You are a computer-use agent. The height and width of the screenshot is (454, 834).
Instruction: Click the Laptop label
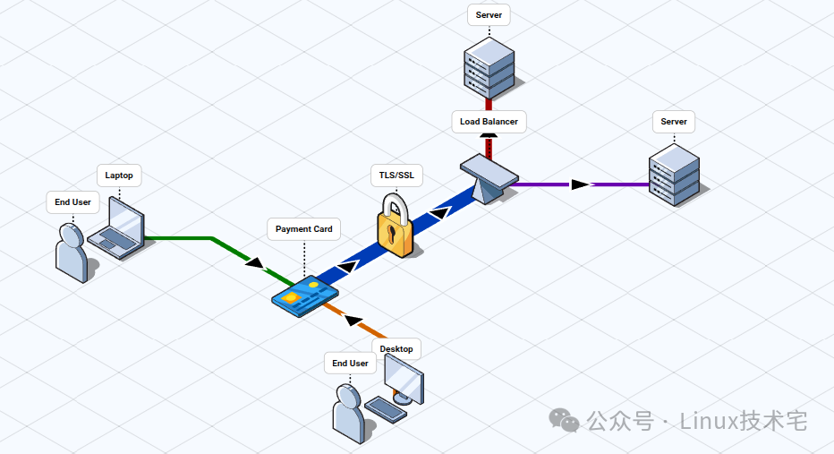click(x=119, y=176)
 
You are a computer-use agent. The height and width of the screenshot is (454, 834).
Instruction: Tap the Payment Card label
click(x=303, y=229)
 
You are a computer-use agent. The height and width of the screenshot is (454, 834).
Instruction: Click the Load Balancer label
click(x=489, y=122)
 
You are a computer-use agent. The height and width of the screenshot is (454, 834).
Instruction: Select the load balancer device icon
click(x=488, y=178)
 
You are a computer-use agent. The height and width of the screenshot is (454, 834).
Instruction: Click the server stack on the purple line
click(x=674, y=174)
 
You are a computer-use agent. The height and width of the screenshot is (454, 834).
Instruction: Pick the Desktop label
click(x=396, y=349)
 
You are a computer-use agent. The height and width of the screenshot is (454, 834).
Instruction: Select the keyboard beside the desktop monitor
click(x=385, y=410)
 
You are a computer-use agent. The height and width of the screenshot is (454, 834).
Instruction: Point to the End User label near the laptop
click(x=72, y=202)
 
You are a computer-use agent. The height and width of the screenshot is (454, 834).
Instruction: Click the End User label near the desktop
click(x=350, y=364)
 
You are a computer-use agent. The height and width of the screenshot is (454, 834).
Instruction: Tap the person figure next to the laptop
click(x=72, y=253)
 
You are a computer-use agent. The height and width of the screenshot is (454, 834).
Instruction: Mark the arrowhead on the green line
click(x=254, y=263)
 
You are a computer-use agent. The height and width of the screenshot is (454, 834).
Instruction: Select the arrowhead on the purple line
click(x=581, y=184)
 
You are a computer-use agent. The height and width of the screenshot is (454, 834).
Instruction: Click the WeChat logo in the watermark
click(x=564, y=420)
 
